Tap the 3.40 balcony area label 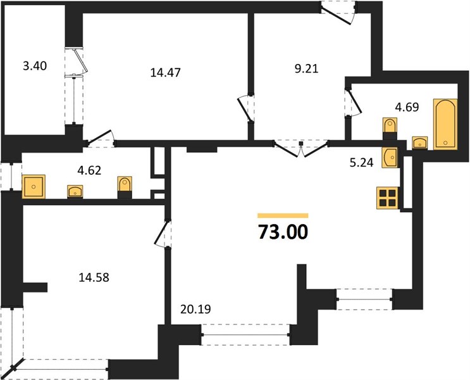35,66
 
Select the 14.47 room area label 165,73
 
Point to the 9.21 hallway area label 306,69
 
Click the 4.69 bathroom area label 407,107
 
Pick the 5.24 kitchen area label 361,162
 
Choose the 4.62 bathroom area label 89,170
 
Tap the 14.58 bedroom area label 94,277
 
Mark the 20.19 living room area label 195,309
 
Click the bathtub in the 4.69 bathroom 445,124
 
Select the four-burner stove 388,198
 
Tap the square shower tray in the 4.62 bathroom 34,187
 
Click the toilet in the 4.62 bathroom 125,187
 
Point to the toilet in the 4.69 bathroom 390,129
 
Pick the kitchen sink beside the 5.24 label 390,157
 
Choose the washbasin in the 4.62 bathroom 75,191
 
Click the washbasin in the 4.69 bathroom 420,142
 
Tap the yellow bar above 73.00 283,215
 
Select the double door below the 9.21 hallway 301,148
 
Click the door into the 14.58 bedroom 162,234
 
